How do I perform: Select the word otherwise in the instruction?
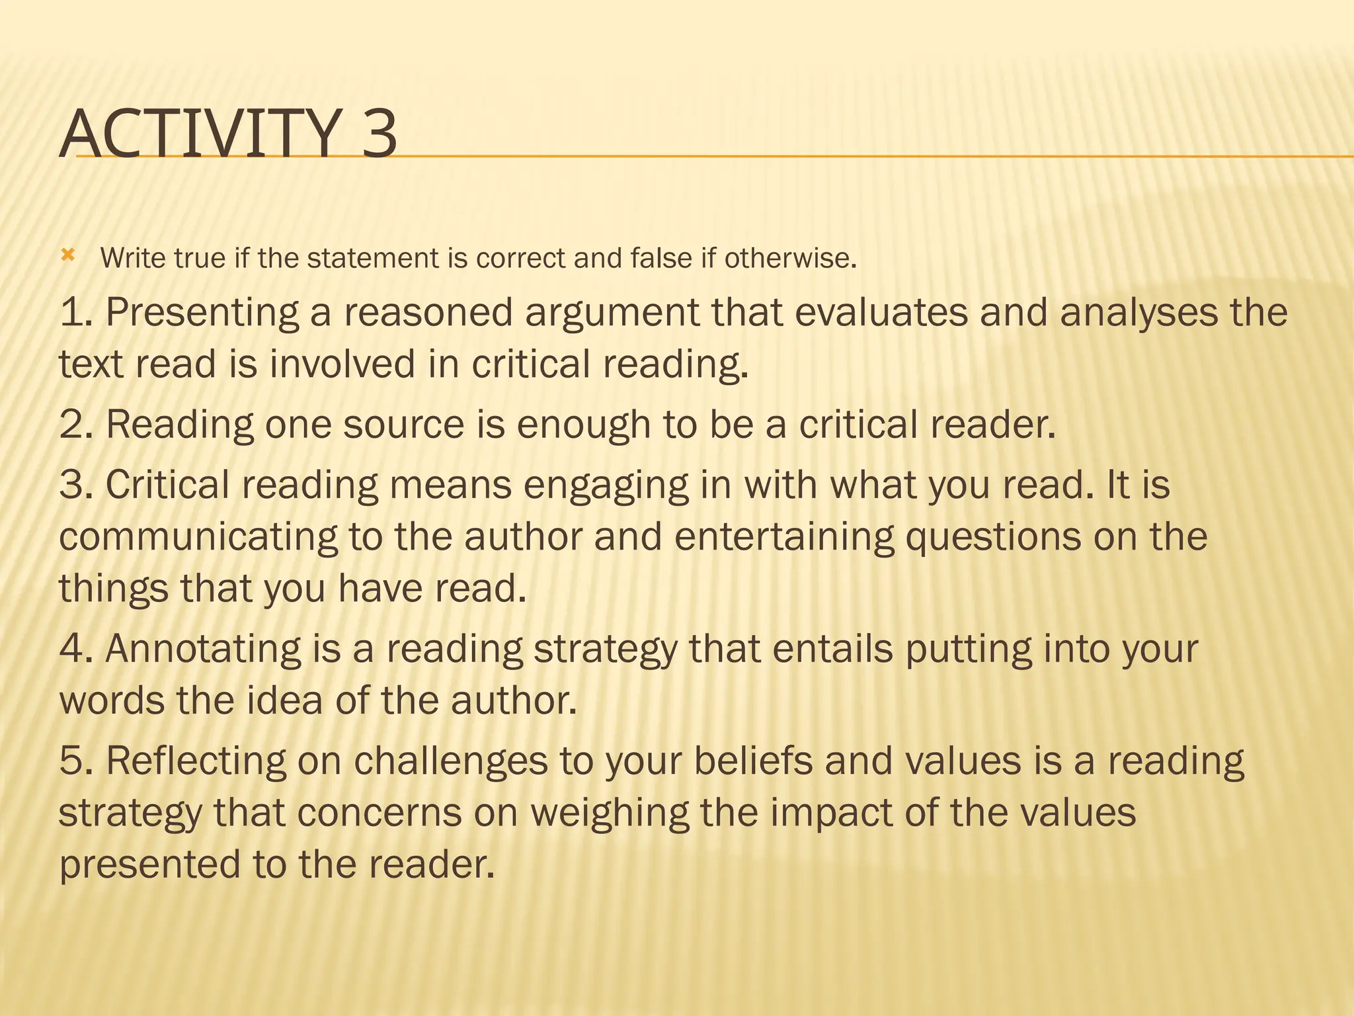pyautogui.click(x=790, y=258)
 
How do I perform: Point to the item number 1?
pyautogui.click(x=76, y=312)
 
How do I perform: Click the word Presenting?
pyautogui.click(x=202, y=313)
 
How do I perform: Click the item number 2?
pyautogui.click(x=76, y=425)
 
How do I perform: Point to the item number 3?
pyautogui.click(x=76, y=485)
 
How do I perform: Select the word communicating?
pyautogui.click(x=198, y=537)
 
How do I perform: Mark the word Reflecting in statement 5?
pyautogui.click(x=196, y=761)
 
